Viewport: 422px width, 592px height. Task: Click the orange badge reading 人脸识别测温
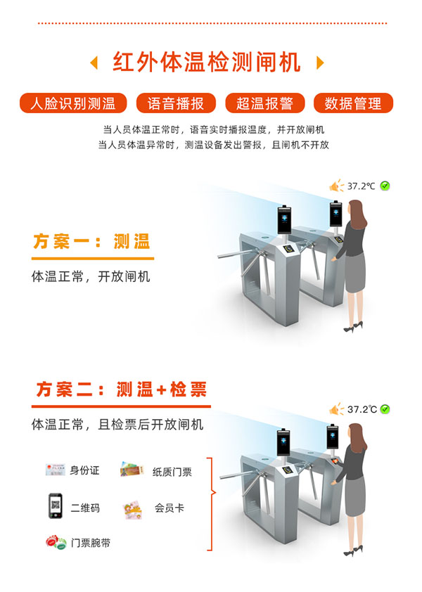pos(73,103)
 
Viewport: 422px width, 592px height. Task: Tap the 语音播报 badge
pos(176,103)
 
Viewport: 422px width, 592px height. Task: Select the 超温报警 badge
pos(265,103)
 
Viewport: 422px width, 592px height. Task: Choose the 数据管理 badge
pos(353,103)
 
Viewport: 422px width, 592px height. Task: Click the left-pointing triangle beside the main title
pos(94,63)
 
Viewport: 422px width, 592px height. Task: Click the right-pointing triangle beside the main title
pos(320,63)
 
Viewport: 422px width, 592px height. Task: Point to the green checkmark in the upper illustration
pos(385,186)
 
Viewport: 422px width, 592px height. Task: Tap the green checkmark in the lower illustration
pos(385,409)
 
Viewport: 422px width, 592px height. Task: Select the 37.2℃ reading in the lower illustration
pos(362,409)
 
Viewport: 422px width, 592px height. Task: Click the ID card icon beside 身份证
pos(55,470)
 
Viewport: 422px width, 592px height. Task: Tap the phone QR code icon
pos(56,506)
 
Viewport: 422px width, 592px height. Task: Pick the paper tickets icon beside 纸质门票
pos(132,469)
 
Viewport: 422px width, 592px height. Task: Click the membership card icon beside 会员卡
pos(133,510)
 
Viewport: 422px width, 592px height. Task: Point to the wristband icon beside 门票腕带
pos(56,542)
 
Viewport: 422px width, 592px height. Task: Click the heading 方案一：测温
pos(92,242)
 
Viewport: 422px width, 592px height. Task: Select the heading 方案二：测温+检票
pos(122,390)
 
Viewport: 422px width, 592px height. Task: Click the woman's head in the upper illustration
pos(357,210)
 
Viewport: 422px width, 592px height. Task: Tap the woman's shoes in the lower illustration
pos(353,553)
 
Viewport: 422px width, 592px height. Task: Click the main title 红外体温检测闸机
pos(207,63)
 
